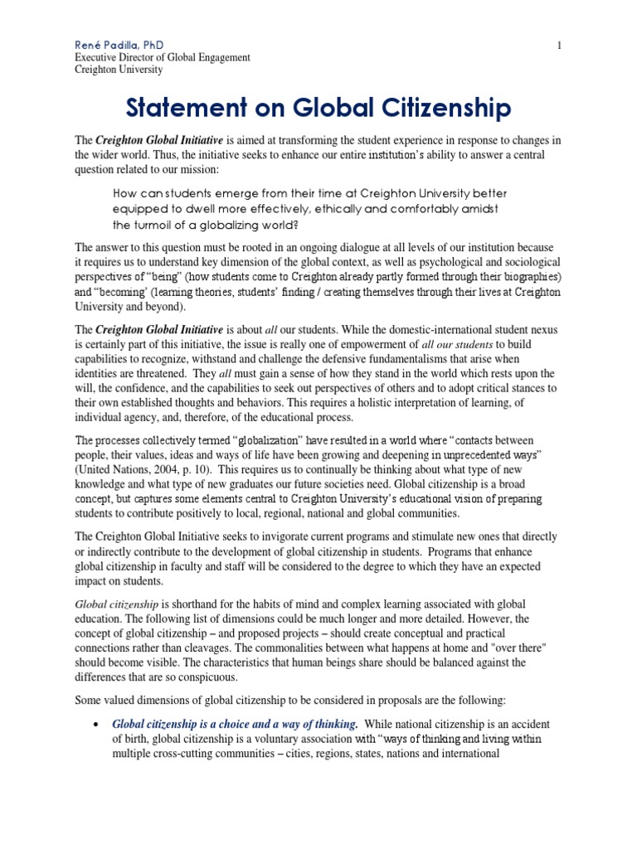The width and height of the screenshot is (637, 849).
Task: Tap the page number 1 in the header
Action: point(560,44)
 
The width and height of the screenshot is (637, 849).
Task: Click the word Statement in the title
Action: point(188,108)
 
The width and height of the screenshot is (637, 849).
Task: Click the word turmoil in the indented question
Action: point(157,225)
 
